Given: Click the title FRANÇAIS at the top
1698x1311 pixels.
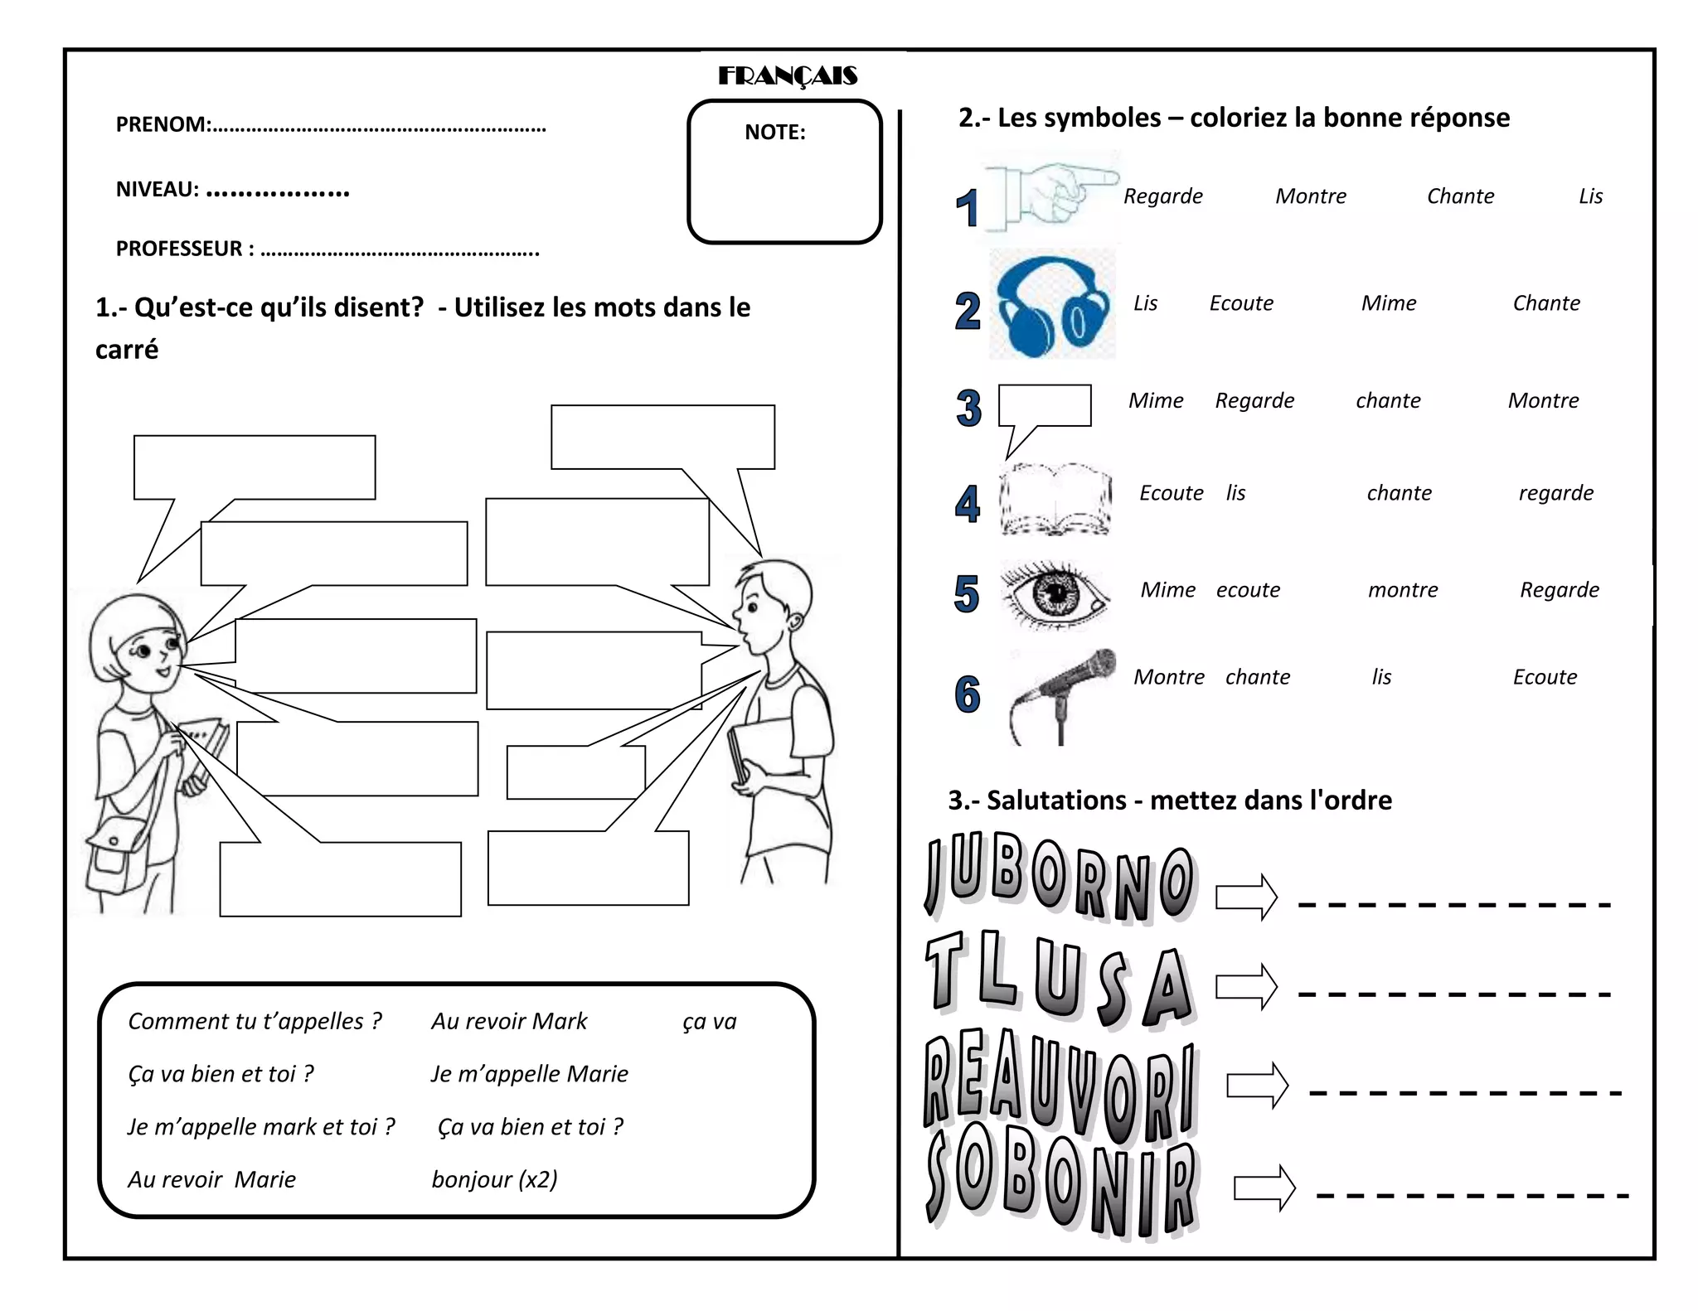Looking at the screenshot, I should click(x=787, y=76).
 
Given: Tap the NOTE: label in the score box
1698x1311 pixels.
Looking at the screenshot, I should click(x=774, y=133).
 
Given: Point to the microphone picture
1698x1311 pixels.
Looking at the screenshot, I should click(x=1063, y=694).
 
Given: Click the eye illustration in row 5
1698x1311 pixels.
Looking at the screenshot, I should click(x=1054, y=593).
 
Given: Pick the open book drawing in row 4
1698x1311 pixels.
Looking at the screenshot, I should click(x=1055, y=500).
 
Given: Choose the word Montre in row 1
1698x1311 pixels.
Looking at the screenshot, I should click(x=1310, y=196).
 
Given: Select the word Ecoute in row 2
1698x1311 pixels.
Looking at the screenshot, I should click(x=1240, y=303).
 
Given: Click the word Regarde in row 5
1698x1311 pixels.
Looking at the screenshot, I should click(x=1559, y=590).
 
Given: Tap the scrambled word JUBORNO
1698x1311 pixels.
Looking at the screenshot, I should click(x=1060, y=878).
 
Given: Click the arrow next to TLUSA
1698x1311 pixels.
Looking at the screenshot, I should click(x=1246, y=986).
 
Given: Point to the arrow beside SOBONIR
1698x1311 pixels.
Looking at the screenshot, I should click(x=1264, y=1188).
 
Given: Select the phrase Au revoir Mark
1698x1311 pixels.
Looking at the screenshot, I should click(x=508, y=1021).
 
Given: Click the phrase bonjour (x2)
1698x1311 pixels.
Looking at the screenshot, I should click(x=494, y=1179).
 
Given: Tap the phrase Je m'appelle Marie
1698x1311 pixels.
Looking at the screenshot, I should click(x=529, y=1074).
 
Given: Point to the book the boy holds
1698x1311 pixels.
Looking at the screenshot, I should click(x=759, y=750).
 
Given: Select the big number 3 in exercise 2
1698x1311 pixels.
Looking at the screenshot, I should click(x=968, y=408).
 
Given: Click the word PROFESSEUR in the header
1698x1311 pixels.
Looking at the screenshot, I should click(x=179, y=249).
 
